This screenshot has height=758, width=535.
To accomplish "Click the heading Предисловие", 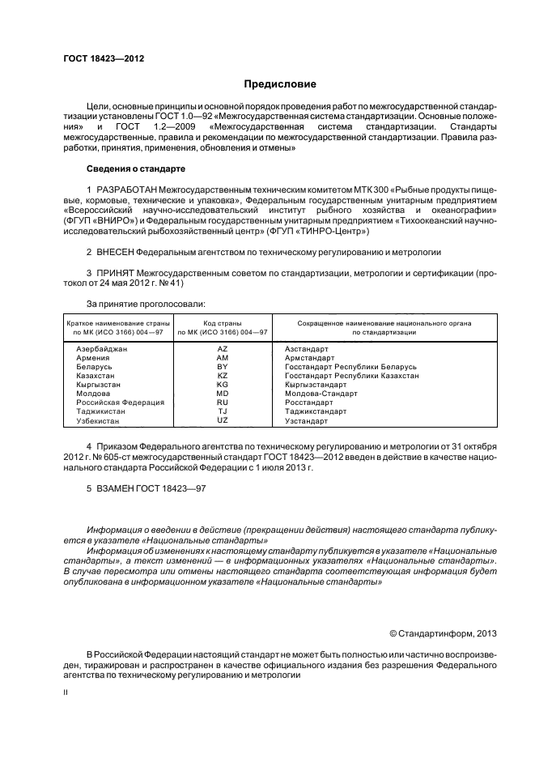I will click(x=280, y=84).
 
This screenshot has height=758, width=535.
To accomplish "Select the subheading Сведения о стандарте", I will click(x=136, y=168).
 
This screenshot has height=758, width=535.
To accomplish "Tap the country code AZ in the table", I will click(x=223, y=348).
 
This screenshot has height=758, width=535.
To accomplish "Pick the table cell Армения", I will click(x=94, y=357).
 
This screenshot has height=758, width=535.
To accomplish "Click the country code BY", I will click(x=223, y=367).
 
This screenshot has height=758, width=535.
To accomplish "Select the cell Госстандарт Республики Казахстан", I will click(x=351, y=376).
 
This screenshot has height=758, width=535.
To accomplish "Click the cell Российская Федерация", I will click(x=120, y=402).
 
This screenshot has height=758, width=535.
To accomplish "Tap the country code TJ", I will click(x=223, y=411).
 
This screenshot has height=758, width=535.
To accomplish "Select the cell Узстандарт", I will click(x=306, y=421).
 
